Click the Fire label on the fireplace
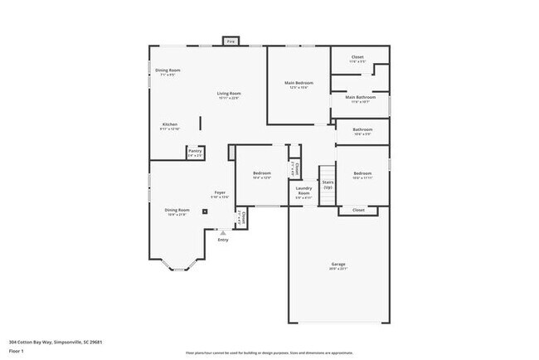(231, 41)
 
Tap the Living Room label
(229, 94)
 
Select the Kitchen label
(169, 124)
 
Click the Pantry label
(195, 150)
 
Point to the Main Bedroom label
(299, 83)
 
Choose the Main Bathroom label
(361, 97)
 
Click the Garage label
(338, 265)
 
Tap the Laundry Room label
(303, 190)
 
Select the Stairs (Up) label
(328, 183)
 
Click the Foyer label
(220, 192)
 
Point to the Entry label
(222, 240)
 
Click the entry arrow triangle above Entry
(222, 233)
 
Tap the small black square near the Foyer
(216, 211)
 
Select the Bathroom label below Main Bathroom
(362, 129)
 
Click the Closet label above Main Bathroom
(357, 57)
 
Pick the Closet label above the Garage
(358, 210)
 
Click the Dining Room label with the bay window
(177, 210)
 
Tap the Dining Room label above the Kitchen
(168, 70)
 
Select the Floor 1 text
(17, 349)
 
